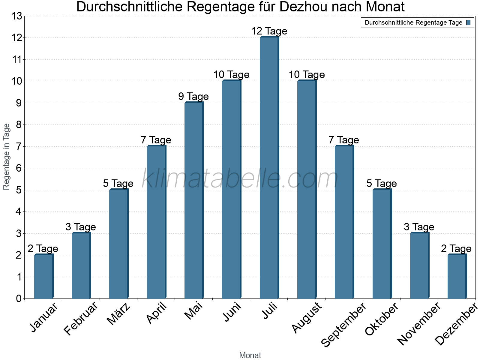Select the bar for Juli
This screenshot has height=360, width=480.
(x=269, y=168)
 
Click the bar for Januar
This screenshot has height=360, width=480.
(x=43, y=277)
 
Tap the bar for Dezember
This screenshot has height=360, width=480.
(x=457, y=277)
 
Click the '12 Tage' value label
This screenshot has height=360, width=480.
(x=269, y=31)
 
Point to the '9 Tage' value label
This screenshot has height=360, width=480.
(x=193, y=96)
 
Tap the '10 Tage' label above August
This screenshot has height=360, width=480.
(x=307, y=74)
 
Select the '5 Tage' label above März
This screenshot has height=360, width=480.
(x=118, y=183)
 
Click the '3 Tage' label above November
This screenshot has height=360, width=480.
(x=419, y=227)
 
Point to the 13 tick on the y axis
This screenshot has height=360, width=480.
(x=17, y=16)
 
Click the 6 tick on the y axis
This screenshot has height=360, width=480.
(x=19, y=168)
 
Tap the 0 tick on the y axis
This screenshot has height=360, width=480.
(x=19, y=299)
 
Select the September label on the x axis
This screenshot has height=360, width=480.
(x=344, y=325)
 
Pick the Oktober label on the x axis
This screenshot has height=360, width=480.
(x=382, y=319)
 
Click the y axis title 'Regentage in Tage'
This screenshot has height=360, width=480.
(x=7, y=157)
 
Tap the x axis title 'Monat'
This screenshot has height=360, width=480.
(x=250, y=355)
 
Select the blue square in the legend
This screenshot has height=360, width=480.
(x=468, y=22)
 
